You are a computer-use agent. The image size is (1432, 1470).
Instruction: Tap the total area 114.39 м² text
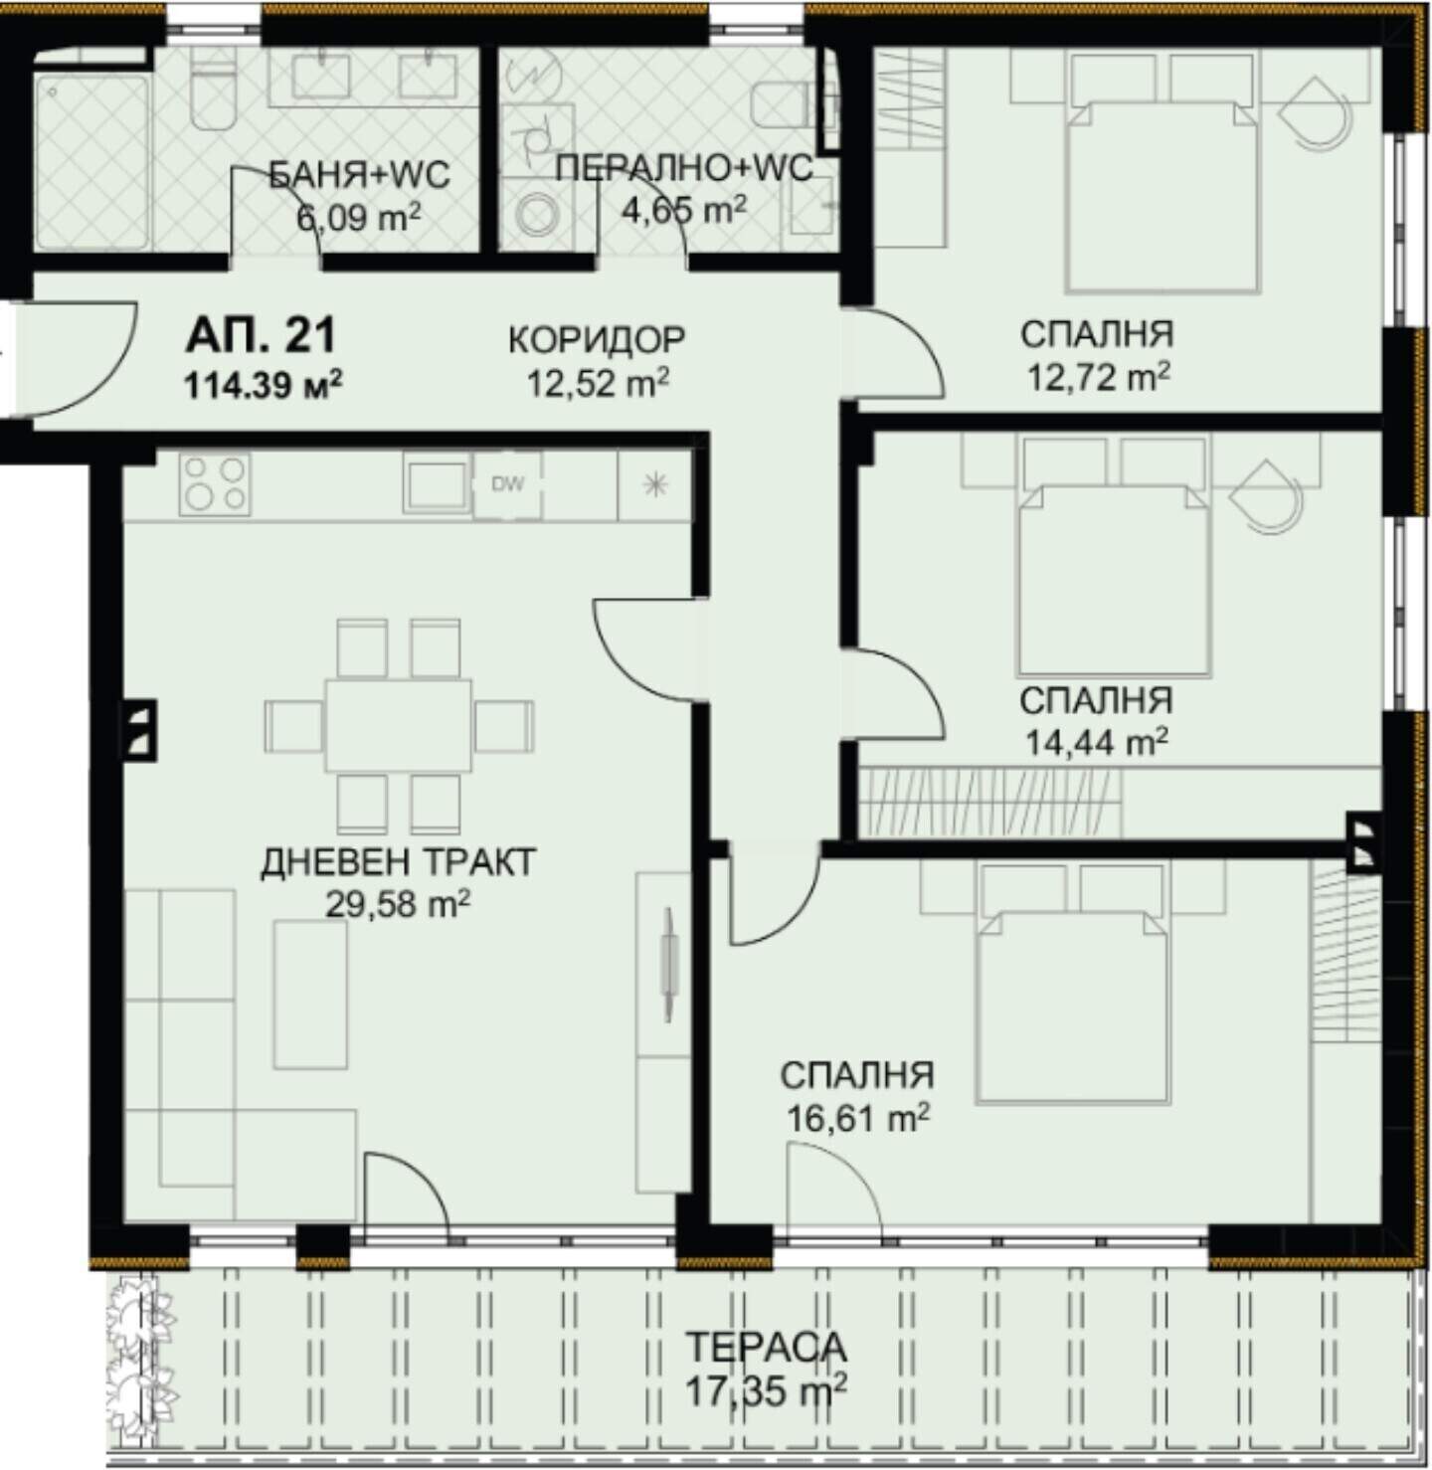263,385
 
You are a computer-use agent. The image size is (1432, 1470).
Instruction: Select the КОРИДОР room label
597,339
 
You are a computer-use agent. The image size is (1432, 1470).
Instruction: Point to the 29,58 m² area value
398,903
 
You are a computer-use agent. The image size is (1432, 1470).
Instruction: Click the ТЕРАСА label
767,1346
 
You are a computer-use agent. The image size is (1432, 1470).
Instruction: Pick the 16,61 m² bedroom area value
858,1117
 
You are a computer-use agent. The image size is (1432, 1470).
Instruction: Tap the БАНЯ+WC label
360,174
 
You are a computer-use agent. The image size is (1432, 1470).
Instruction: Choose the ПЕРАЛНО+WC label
684,168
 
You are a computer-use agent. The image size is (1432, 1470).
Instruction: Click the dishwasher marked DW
507,484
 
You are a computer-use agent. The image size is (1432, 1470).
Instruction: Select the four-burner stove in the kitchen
215,484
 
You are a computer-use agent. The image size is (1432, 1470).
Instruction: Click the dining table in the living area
399,725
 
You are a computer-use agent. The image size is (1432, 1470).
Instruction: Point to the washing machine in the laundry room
536,213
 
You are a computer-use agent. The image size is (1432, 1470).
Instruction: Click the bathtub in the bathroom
91,161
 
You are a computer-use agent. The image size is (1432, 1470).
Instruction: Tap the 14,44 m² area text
1096,742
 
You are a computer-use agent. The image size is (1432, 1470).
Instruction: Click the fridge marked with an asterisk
654,485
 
